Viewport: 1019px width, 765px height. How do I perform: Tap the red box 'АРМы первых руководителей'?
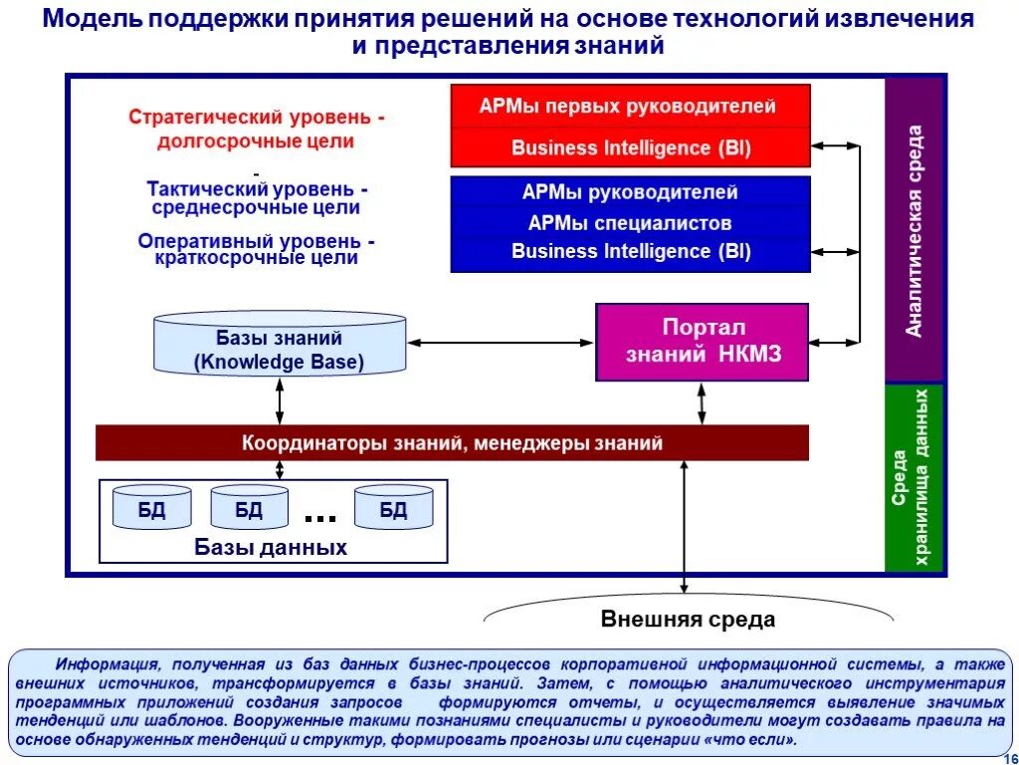[x=630, y=107]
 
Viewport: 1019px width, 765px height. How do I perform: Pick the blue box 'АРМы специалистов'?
[x=630, y=223]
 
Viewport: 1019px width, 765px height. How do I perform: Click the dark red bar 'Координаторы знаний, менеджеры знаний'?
[x=452, y=443]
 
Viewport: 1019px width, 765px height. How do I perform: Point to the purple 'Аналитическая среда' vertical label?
[x=915, y=229]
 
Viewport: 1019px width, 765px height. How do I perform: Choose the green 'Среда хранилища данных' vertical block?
[x=915, y=478]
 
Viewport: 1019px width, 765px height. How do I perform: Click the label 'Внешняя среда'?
[x=688, y=620]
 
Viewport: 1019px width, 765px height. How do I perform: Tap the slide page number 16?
[x=1006, y=756]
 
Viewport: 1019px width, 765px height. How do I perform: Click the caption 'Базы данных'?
[x=271, y=548]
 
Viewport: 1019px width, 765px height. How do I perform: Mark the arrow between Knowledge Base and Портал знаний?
[x=501, y=343]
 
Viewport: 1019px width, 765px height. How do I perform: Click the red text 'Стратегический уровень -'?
[x=257, y=118]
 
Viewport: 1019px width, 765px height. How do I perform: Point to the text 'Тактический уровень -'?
[x=257, y=188]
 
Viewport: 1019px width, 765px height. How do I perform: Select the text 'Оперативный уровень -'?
[x=257, y=241]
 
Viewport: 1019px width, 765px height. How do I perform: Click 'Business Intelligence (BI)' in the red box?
[x=630, y=148]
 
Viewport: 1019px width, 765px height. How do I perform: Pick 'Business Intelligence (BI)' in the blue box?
[x=630, y=251]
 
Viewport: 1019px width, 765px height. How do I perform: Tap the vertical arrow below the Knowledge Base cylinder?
[x=280, y=399]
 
